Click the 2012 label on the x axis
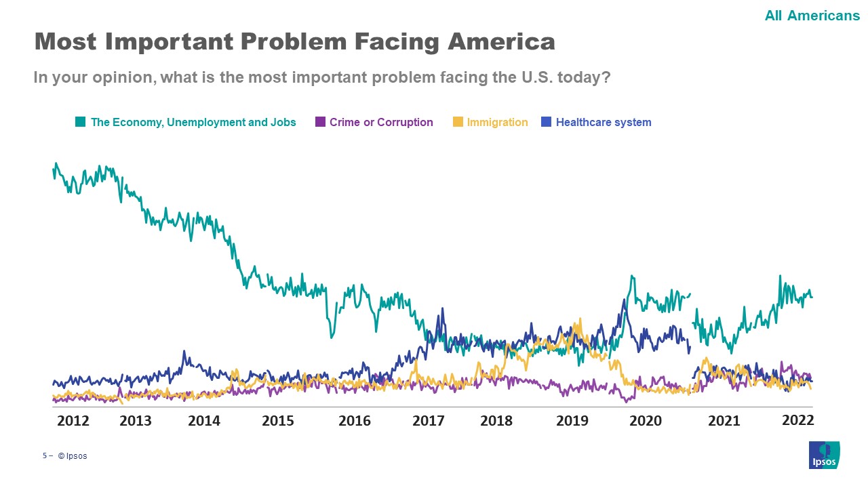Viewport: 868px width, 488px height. [73, 421]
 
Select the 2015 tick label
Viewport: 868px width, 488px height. [278, 421]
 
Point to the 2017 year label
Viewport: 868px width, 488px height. [429, 421]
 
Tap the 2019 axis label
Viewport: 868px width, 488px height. [572, 421]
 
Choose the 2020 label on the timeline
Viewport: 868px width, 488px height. [646, 421]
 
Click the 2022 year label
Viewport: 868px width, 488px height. [797, 420]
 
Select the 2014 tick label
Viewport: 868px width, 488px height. [204, 421]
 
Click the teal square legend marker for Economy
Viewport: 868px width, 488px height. [80, 122]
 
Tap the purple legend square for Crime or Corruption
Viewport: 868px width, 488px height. [320, 122]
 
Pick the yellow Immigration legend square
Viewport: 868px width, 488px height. [458, 122]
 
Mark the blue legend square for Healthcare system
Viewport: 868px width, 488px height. [546, 122]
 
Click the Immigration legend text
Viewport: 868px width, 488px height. [497, 123]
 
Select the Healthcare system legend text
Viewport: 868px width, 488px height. [604, 123]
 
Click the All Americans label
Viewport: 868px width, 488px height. [812, 16]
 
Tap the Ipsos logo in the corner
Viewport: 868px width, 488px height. [824, 455]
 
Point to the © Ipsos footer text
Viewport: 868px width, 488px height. [73, 456]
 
